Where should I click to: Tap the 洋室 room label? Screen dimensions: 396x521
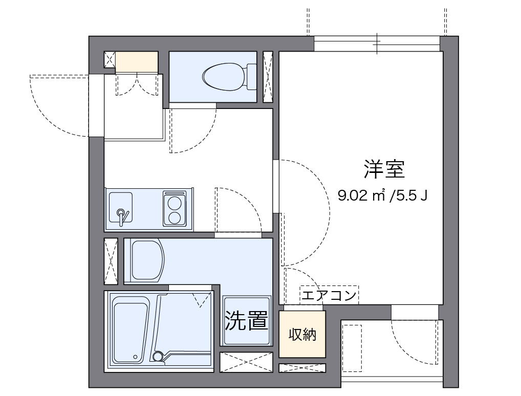[x=384, y=169]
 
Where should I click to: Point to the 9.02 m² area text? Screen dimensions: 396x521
[x=361, y=195]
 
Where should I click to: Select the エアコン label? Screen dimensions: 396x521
[x=329, y=295]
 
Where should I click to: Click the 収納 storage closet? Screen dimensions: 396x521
[x=302, y=335]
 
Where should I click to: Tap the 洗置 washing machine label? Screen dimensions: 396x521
[x=246, y=321]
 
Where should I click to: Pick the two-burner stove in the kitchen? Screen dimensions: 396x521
[x=174, y=209]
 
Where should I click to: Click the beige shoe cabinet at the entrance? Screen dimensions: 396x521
[x=136, y=62]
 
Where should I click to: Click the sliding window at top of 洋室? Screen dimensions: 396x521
[x=377, y=43]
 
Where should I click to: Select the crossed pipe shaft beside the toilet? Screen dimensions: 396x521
[x=268, y=77]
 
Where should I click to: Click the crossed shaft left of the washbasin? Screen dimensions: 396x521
[x=111, y=260]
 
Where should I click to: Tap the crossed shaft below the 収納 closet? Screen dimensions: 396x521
[x=302, y=367]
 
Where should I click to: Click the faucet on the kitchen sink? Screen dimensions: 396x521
[x=121, y=215]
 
